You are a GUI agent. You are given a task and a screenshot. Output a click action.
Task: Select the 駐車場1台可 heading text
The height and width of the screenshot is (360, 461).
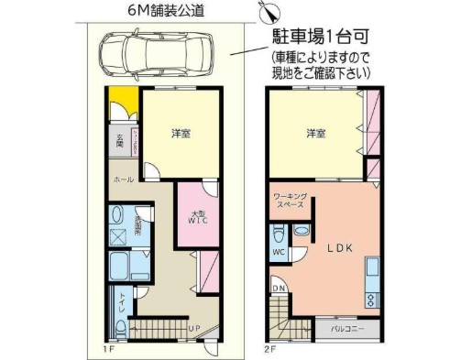pyautogui.click(x=324, y=40)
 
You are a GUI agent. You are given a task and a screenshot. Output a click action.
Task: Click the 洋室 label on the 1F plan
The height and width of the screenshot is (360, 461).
pyautogui.click(x=181, y=134)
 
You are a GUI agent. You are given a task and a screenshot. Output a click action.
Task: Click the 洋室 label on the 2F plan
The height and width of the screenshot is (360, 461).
pyautogui.click(x=316, y=134)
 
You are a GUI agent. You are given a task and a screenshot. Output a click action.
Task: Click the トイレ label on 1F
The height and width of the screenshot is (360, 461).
pyautogui.click(x=120, y=301)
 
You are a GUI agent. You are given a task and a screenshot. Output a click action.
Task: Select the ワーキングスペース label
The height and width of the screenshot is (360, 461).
pyautogui.click(x=288, y=202)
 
